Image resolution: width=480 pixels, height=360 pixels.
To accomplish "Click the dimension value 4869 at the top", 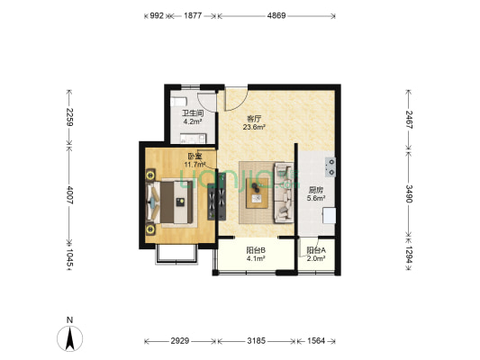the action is tap(276, 15).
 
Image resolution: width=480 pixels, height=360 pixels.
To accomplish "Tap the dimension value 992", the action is tap(157, 15).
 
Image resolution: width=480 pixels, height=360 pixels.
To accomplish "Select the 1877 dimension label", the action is tap(193, 15).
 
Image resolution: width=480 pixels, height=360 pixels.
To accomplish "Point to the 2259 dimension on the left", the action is tap(70, 117).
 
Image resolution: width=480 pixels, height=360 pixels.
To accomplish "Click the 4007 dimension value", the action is tap(70, 194).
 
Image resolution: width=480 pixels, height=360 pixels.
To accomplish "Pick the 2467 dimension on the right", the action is tap(409, 120).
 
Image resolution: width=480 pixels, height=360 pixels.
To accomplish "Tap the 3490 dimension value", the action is tap(409, 193).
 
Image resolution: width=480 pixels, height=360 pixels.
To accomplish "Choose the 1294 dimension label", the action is tap(409, 255).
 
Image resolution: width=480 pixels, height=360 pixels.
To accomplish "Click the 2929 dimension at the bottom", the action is tap(180, 341).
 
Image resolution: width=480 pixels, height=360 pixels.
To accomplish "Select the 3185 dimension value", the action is tap(257, 341).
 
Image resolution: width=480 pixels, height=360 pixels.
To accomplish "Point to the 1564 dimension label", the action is tap(316, 341).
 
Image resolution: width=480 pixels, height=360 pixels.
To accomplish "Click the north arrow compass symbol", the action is tap(70, 338).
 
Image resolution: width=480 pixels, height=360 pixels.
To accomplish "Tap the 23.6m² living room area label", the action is tap(254, 127).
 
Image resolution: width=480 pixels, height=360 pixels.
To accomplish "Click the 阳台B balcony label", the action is tap(256, 250).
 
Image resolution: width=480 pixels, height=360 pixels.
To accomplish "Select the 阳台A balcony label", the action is tap(316, 250).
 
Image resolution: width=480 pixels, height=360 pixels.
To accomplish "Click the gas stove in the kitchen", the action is tap(331, 167).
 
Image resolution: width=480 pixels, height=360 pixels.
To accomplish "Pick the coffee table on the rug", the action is tap(258, 193).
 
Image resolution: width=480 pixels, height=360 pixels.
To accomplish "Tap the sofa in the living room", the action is tap(284, 193).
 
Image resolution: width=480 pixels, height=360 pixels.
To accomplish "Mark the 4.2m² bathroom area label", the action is tap(192, 121).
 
